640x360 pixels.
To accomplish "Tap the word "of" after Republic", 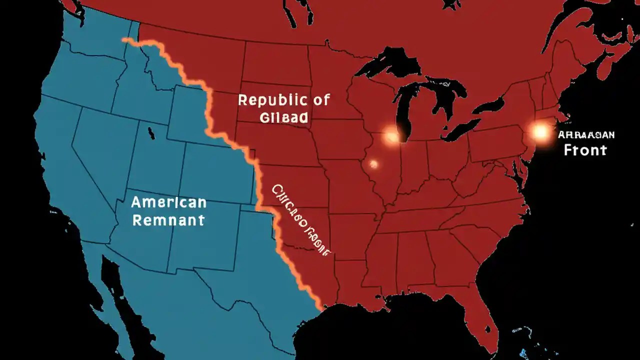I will click(x=320, y=99).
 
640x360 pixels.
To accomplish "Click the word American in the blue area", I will click(x=168, y=202).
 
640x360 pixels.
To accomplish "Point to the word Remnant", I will click(x=168, y=219).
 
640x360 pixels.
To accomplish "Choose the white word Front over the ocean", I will click(x=585, y=149).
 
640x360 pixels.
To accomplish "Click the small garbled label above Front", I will click(x=586, y=134).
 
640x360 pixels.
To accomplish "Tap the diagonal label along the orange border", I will click(x=300, y=220).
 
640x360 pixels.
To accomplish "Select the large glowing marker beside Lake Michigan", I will click(x=391, y=134).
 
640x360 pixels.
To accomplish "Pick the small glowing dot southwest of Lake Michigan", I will click(x=373, y=163).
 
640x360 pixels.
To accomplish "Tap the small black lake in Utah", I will click(x=150, y=132).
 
